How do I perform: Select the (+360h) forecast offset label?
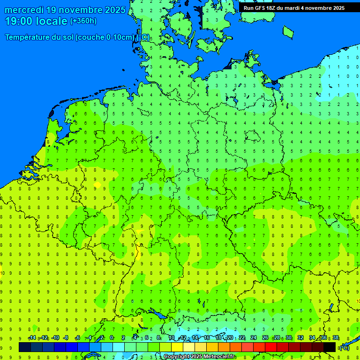[x=83, y=21]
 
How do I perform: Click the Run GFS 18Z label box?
[x=294, y=7]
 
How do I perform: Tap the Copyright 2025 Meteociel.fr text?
[x=199, y=357]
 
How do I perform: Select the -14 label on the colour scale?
[x=32, y=338]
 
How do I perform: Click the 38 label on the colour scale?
[x=336, y=338]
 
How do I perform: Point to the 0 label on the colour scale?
[x=112, y=338]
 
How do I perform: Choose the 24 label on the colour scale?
[x=253, y=338]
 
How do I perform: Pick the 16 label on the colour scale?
[x=207, y=338]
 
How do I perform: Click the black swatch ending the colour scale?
[x=330, y=347]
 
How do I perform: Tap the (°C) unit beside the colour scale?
[x=344, y=347]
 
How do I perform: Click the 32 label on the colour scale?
[x=300, y=338]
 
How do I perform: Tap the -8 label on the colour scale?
[x=66, y=338]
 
